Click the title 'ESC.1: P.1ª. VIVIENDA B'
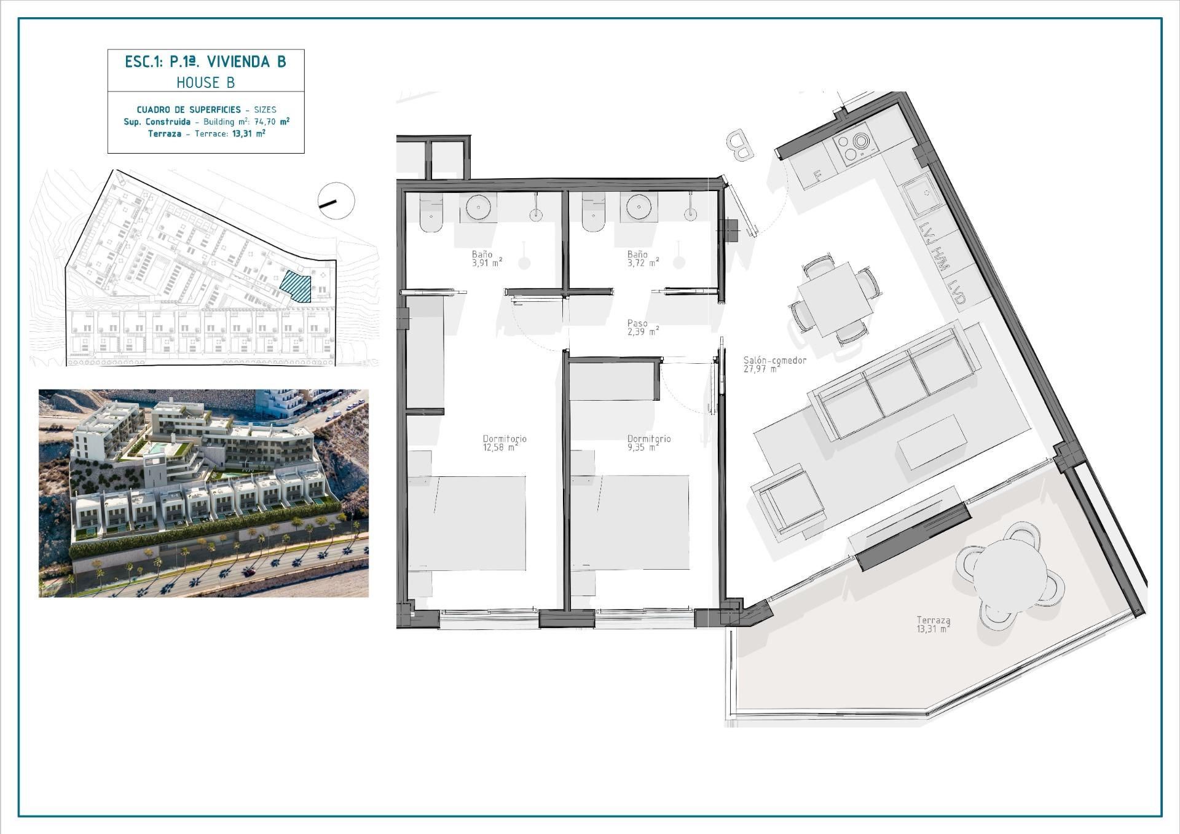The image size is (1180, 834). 205,61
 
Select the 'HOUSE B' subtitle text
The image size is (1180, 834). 205,82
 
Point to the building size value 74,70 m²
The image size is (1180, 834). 272,122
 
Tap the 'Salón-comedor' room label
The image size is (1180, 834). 774,361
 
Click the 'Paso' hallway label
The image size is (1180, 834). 637,323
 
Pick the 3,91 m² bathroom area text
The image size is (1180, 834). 487,262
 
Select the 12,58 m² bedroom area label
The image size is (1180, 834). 500,447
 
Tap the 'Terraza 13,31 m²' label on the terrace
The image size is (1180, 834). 934,625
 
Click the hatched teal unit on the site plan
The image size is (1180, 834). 296,287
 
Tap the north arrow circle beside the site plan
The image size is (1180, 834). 336,200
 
